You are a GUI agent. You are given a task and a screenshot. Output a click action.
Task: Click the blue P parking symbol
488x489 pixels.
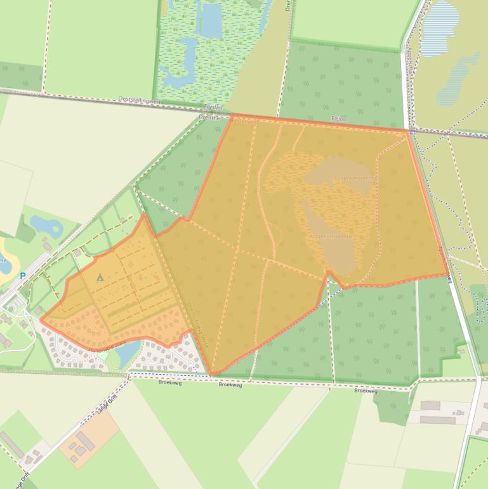(x=23, y=276)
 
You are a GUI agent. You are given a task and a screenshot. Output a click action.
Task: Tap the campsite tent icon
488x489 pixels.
(x=100, y=278)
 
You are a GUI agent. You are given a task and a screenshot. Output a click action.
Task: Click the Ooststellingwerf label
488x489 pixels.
(x=140, y=100)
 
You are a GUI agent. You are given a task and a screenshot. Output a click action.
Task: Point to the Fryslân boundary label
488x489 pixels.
(x=213, y=109)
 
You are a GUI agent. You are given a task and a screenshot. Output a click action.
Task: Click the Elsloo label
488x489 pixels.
(x=339, y=119)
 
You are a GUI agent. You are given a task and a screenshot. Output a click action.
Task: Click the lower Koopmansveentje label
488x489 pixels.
(x=330, y=236)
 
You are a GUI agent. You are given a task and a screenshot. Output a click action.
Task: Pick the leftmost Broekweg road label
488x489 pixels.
(x=169, y=382)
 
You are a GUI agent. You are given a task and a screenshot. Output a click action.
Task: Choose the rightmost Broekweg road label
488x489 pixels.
(x=366, y=391)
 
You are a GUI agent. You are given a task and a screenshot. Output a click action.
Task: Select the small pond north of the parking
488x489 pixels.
(x=46, y=224)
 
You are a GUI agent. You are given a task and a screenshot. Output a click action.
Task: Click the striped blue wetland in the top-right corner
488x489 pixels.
(x=439, y=29)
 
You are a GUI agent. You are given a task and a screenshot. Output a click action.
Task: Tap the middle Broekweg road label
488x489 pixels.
(x=230, y=385)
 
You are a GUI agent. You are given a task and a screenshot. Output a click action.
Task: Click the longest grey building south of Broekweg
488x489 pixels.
(x=437, y=420)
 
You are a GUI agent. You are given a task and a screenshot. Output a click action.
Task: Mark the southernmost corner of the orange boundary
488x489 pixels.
(x=211, y=375)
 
